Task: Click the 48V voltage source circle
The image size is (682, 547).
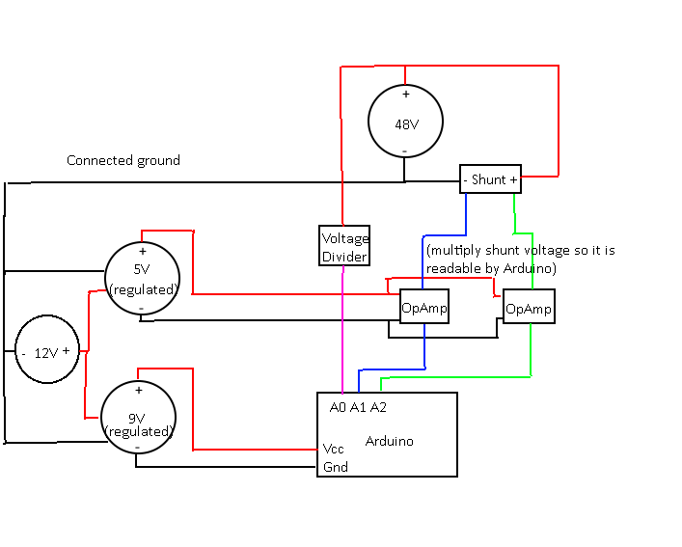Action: tap(405, 122)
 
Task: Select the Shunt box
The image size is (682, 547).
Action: tap(490, 179)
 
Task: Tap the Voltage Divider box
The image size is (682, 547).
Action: tap(344, 247)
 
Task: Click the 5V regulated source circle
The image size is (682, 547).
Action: tap(142, 277)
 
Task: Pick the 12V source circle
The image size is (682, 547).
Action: tap(47, 352)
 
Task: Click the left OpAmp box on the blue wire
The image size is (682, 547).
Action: tap(424, 307)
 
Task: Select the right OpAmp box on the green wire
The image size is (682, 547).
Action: tap(529, 309)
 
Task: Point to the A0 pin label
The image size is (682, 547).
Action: tap(337, 407)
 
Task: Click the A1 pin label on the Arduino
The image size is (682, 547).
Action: tap(358, 407)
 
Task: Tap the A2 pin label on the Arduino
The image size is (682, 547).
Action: tap(378, 407)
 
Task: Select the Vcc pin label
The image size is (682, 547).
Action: tap(334, 449)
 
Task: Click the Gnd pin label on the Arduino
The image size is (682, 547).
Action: tap(335, 467)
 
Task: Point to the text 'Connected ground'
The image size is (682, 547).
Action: tap(123, 160)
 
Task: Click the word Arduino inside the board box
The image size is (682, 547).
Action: tap(389, 441)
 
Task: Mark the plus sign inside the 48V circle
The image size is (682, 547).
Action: tap(405, 95)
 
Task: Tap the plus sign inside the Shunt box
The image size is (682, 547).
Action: tap(512, 179)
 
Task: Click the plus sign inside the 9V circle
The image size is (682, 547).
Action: tap(139, 391)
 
